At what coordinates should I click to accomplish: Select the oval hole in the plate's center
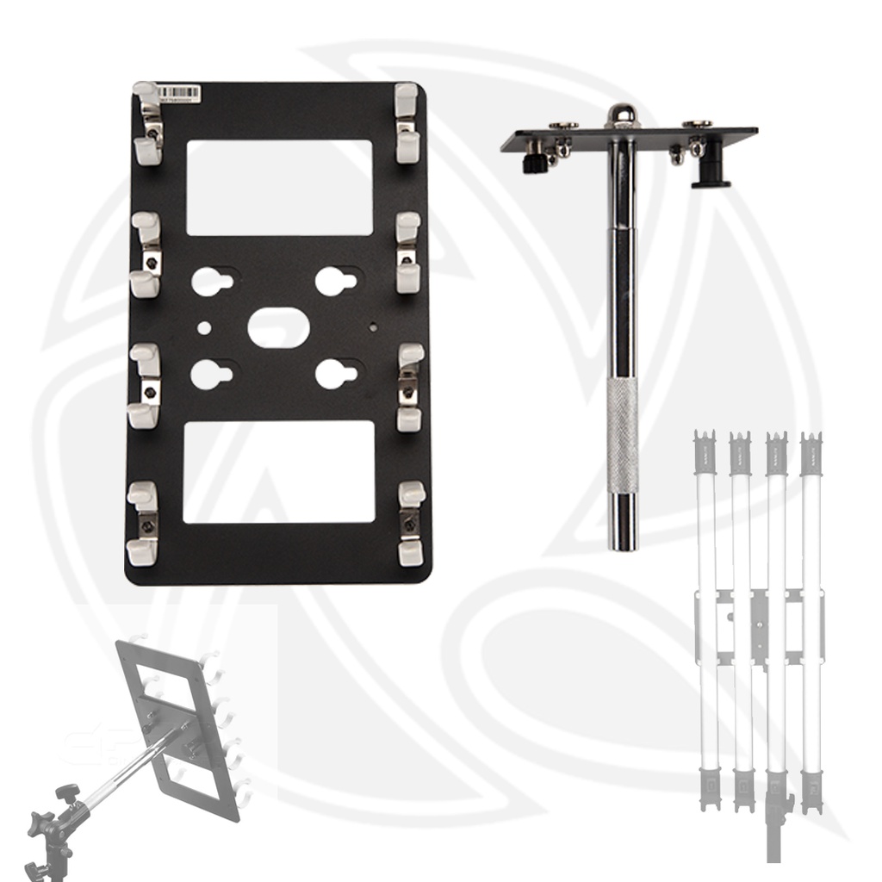tap(278, 328)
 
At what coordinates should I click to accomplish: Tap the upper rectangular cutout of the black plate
tap(279, 188)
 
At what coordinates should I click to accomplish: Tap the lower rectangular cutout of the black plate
tap(279, 471)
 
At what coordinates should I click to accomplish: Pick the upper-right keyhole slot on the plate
tap(337, 281)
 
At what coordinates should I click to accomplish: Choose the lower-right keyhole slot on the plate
tap(337, 373)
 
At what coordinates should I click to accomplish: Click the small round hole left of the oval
tap(203, 328)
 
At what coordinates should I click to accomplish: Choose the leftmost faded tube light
tap(705, 620)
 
